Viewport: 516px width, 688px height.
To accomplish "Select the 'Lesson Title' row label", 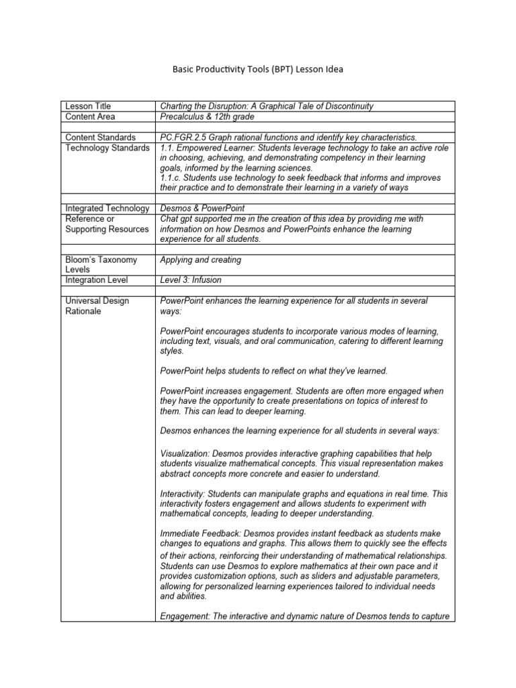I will (x=87, y=106).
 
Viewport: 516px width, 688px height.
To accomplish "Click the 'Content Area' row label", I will (x=90, y=116).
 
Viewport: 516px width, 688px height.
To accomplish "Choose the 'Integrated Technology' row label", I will (x=106, y=209).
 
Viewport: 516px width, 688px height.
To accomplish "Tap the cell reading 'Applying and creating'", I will (x=200, y=259).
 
